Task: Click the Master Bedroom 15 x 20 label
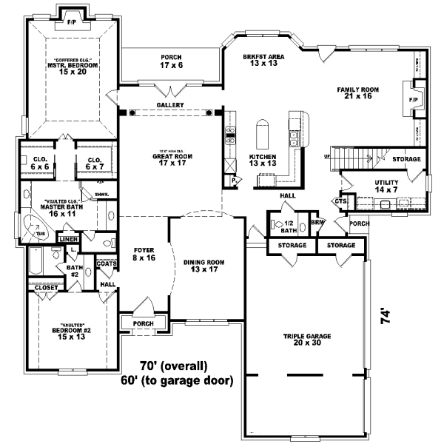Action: pos(72,68)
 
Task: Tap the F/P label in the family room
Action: pos(414,97)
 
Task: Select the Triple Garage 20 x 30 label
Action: pos(307,340)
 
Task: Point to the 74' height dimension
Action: pos(385,317)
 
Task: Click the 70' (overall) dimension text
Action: pos(175,366)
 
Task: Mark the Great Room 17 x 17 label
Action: pos(173,159)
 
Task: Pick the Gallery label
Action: pos(169,105)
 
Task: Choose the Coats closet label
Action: pos(107,263)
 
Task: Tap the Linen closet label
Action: pos(68,240)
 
